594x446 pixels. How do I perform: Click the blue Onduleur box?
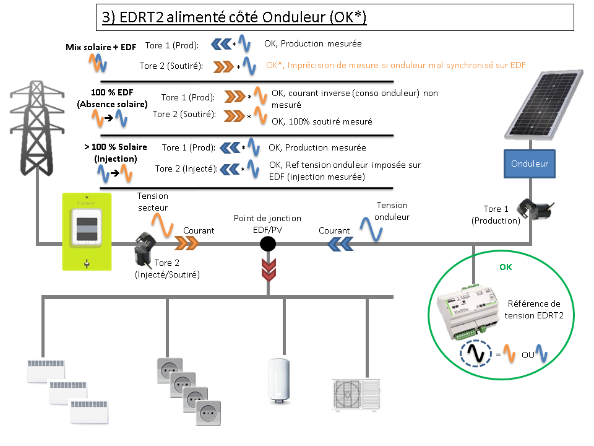coord(530,164)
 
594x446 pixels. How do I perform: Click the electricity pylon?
coord(37,130)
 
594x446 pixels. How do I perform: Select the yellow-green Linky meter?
coord(87,231)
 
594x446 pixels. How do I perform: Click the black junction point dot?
coord(267,244)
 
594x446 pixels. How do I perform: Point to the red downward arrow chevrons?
coord(267,268)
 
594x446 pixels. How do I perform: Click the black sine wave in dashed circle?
coord(476,354)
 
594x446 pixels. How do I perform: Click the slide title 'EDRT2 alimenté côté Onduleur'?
coord(235,18)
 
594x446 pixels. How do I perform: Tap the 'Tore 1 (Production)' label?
coord(496,214)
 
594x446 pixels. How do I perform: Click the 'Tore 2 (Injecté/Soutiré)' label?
coord(167,268)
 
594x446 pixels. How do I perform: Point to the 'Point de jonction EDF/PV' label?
coord(267,223)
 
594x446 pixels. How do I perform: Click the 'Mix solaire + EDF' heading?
coord(101,46)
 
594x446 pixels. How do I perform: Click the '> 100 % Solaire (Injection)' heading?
coord(116,152)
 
